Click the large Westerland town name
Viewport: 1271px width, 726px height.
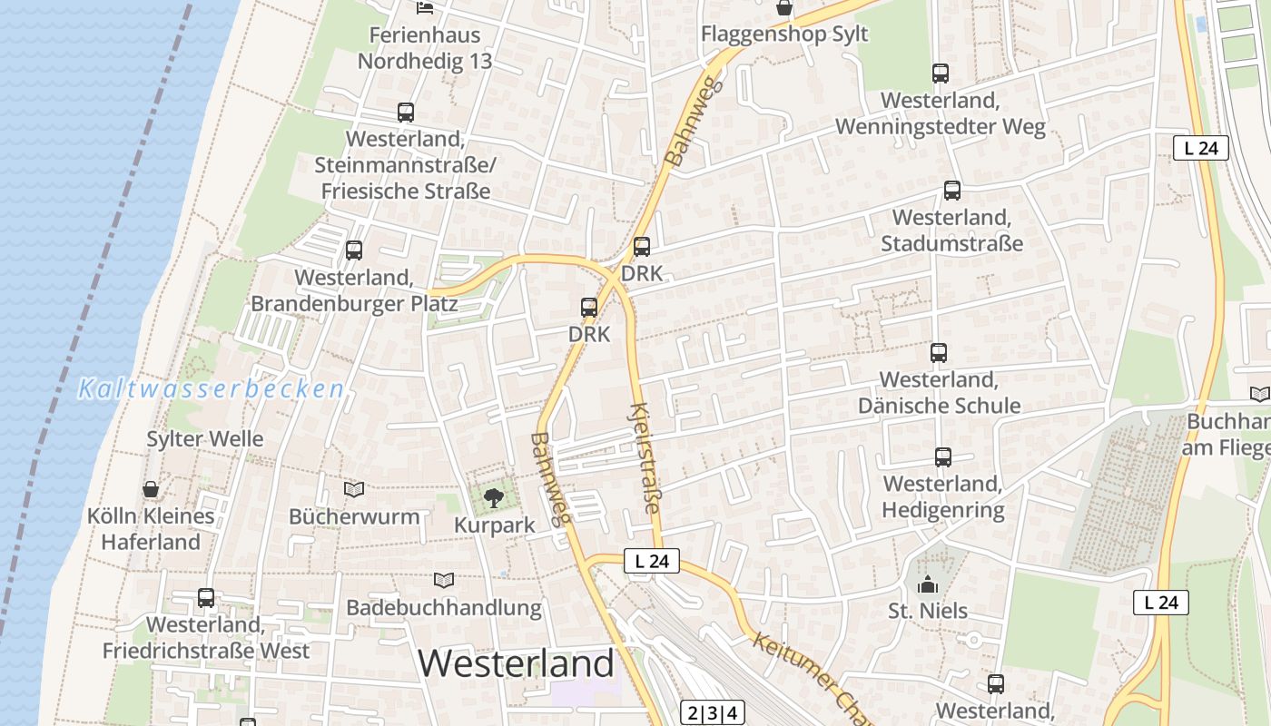[x=516, y=663]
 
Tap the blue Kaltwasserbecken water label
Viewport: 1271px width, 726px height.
[x=211, y=389]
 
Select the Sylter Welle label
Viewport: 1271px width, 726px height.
[x=205, y=439]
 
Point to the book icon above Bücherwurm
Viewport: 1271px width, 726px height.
[x=354, y=490]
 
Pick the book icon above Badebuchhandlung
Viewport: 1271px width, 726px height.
[x=444, y=580]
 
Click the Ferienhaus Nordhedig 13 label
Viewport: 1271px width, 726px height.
[x=425, y=48]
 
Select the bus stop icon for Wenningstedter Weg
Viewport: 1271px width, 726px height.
[x=940, y=74]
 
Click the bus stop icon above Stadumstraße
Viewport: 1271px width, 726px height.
[x=951, y=191]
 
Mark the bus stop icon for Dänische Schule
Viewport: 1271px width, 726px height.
[x=939, y=352]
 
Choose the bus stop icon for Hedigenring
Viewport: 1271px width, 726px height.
[x=942, y=456]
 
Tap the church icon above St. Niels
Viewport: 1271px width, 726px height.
[x=927, y=584]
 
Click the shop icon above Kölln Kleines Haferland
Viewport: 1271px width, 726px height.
[x=151, y=489]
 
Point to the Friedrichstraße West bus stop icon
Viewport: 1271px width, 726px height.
[x=206, y=598]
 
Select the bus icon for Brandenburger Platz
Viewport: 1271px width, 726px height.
[x=354, y=250]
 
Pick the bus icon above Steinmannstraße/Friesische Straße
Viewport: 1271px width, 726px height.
[x=405, y=113]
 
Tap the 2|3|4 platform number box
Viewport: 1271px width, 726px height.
[x=713, y=712]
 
